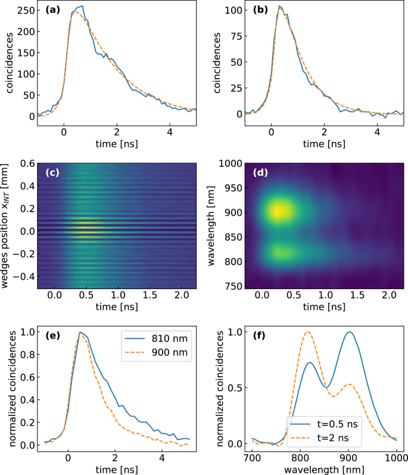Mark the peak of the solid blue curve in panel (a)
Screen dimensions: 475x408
(x=82, y=6)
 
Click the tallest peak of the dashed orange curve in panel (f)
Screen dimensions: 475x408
(x=308, y=332)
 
